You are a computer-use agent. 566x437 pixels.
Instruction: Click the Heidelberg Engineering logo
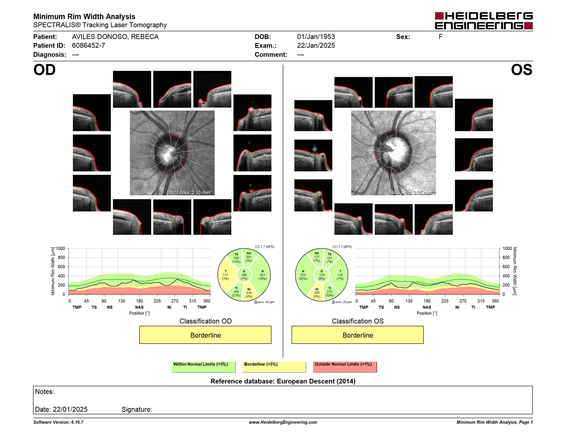(x=484, y=21)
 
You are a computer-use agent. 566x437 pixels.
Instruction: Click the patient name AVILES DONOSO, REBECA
(x=115, y=37)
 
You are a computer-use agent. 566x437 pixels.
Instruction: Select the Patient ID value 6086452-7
(x=88, y=46)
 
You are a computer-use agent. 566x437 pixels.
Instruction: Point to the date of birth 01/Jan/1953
(x=316, y=37)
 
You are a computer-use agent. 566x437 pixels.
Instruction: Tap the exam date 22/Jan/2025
(x=316, y=46)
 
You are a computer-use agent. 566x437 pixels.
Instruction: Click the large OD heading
(x=44, y=70)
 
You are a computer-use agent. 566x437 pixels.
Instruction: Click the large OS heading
(x=521, y=70)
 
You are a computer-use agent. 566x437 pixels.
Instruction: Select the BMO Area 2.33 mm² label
(x=189, y=193)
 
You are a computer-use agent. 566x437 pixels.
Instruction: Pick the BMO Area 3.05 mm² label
(x=411, y=193)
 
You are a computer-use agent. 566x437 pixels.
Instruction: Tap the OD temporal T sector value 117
(x=226, y=275)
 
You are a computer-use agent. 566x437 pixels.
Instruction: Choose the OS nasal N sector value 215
(x=303, y=275)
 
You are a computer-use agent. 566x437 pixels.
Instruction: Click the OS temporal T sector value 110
(x=340, y=275)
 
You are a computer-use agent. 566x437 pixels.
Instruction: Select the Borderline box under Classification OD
(x=205, y=335)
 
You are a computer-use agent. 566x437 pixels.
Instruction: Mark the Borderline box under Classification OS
(x=358, y=335)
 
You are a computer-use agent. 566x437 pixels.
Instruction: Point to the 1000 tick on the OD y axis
(x=60, y=248)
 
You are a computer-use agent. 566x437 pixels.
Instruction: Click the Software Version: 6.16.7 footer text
(x=58, y=422)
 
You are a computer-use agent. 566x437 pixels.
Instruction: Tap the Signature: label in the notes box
(x=137, y=409)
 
